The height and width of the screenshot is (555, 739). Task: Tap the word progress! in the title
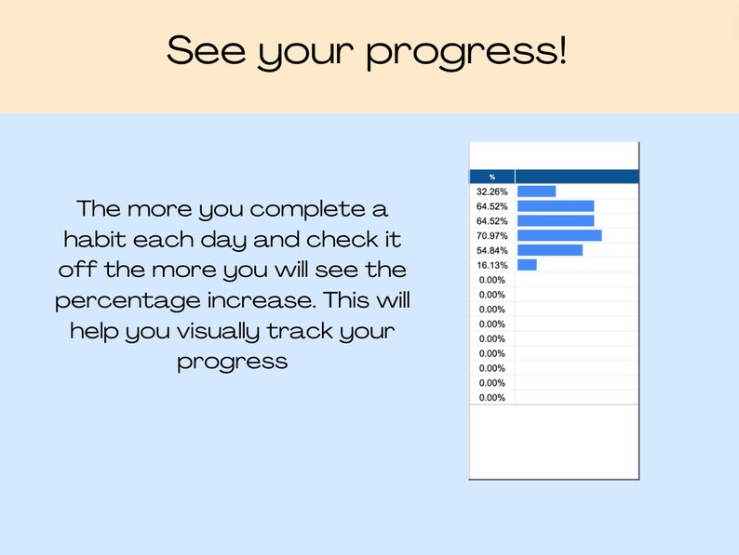coord(466,53)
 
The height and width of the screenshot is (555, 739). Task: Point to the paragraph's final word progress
coord(232,363)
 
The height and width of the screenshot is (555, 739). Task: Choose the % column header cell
coord(492,177)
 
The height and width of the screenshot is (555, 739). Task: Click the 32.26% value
coord(491,192)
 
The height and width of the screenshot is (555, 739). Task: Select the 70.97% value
coord(491,235)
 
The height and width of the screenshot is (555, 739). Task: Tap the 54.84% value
coord(491,250)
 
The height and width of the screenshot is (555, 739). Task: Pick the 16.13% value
coord(491,265)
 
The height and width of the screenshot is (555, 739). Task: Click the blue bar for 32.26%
coord(536,192)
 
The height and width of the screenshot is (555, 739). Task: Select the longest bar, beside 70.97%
coord(559,235)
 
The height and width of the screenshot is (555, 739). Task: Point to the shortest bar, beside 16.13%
coord(527,265)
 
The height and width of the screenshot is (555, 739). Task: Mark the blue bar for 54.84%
coord(550,250)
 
